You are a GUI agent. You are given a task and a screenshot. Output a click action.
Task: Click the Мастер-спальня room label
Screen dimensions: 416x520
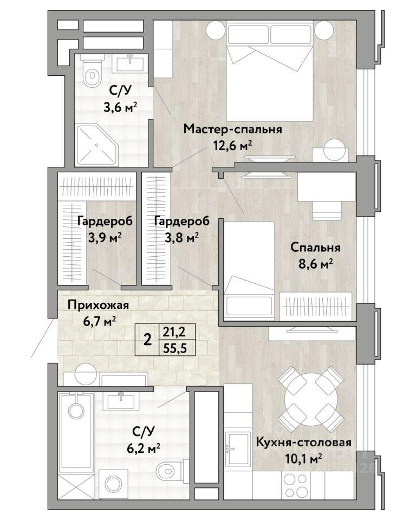click(232, 129)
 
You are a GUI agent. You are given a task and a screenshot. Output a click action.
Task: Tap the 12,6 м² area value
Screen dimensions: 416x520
click(233, 145)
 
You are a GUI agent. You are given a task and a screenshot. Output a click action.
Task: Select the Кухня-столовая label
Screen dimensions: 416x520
click(304, 443)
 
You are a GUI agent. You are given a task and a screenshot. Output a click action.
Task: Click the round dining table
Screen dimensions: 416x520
click(311, 399)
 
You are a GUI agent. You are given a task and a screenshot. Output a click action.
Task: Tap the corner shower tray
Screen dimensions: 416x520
click(97, 145)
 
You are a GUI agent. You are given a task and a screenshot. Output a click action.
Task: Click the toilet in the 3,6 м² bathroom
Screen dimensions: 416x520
click(92, 72)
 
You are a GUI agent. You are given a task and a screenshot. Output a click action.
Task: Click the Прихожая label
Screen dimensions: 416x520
click(98, 305)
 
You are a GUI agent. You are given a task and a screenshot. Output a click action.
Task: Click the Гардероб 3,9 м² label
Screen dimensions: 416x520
click(105, 229)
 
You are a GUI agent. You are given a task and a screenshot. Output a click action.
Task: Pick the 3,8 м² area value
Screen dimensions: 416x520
click(182, 237)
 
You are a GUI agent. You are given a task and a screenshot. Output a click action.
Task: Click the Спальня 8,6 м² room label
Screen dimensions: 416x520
click(315, 255)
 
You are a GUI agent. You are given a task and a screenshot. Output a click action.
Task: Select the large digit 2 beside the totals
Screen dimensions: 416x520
click(147, 340)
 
